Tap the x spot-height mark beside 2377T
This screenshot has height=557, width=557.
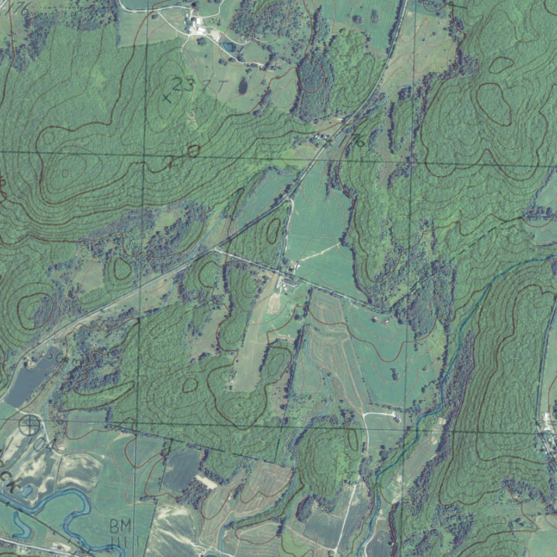tap(166, 98)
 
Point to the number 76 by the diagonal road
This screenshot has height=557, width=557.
tap(357, 141)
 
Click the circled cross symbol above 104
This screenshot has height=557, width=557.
tap(30, 424)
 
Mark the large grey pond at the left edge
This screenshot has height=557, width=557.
tap(27, 381)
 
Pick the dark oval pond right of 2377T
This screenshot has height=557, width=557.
tap(243, 85)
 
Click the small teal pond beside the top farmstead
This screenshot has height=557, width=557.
tap(229, 47)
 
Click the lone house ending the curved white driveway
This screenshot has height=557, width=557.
tap(398, 419)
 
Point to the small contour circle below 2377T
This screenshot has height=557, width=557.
tap(193, 150)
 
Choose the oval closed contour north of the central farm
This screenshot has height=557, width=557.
tap(273, 231)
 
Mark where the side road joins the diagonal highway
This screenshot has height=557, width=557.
tap(215, 249)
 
